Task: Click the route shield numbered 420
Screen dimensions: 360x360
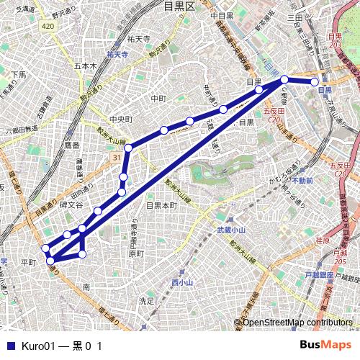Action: (x=48, y=26)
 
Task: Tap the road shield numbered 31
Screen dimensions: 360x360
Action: (x=117, y=156)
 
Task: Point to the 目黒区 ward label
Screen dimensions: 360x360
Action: (x=179, y=6)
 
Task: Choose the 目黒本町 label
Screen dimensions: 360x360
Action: (x=161, y=205)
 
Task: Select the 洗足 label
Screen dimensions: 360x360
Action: (x=146, y=300)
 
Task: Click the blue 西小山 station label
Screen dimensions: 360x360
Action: (x=182, y=283)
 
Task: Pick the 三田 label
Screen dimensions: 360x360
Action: (x=294, y=17)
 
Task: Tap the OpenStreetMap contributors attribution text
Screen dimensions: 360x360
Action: (x=297, y=322)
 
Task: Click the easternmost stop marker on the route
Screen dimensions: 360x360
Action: (x=315, y=81)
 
